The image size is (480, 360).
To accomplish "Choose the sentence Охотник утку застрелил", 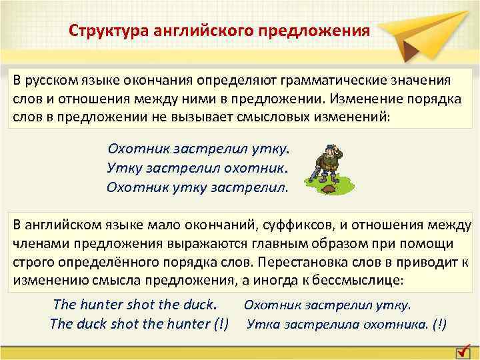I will coord(197,187).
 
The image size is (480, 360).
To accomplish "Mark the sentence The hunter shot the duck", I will coord(135,305).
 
